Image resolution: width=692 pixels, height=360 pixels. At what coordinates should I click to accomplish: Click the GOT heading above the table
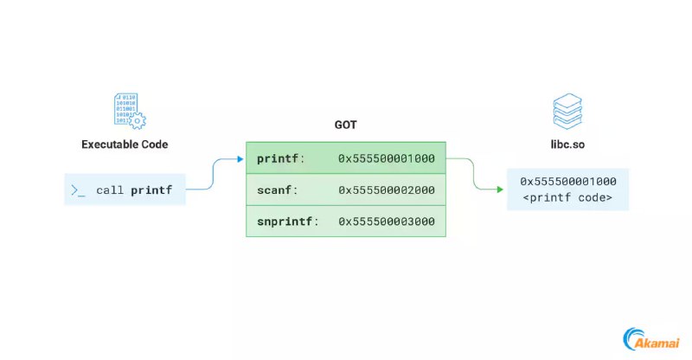click(345, 125)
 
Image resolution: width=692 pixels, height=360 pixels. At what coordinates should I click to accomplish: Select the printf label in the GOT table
click(278, 158)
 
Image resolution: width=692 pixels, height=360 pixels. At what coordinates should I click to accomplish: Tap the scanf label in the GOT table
click(274, 190)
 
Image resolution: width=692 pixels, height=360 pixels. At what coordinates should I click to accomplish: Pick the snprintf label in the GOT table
click(285, 222)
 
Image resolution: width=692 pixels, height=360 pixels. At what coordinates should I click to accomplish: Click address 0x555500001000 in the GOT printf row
click(387, 158)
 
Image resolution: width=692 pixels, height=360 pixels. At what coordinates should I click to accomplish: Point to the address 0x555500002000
click(387, 190)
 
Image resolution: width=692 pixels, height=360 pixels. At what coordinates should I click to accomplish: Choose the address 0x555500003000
click(387, 222)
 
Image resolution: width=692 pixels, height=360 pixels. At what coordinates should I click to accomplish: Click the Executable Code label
click(125, 145)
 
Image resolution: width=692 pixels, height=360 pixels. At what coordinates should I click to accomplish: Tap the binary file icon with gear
click(130, 111)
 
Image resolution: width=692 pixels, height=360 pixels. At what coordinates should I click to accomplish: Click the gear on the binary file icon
click(138, 120)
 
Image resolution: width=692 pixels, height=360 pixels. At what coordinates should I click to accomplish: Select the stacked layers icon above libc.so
click(567, 111)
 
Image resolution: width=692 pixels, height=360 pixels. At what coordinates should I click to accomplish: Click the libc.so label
click(567, 145)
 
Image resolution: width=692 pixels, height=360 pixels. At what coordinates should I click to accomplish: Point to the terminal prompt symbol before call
click(78, 190)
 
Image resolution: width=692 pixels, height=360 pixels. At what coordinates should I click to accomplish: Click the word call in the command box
click(110, 190)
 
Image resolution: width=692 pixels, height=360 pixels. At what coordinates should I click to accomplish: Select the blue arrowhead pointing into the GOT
click(240, 159)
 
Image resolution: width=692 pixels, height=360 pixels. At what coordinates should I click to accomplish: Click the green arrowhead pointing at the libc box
click(500, 190)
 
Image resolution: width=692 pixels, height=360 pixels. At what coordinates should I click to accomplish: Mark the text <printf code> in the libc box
click(567, 198)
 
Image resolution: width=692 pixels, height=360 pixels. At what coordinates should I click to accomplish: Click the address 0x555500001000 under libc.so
click(568, 182)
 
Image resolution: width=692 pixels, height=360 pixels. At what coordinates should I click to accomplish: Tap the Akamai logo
click(651, 339)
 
